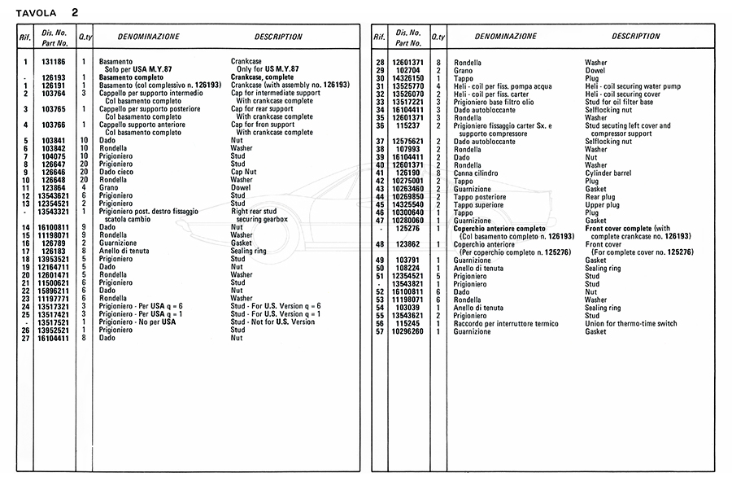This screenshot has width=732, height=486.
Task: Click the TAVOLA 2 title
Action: click(53, 13)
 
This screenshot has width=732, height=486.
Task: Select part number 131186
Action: click(54, 62)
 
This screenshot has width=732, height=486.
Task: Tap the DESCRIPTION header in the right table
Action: click(635, 37)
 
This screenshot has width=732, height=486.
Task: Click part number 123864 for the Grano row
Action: click(54, 188)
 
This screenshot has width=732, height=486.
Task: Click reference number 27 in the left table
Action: click(26, 338)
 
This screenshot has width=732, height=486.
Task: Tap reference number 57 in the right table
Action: click(379, 332)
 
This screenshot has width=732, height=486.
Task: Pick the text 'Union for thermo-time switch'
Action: click(630, 324)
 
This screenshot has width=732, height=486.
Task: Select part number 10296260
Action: click(407, 332)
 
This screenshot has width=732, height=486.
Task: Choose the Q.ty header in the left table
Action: click(85, 37)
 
